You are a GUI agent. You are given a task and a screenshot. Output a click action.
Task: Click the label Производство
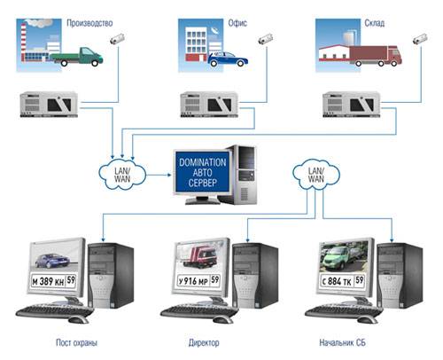pos(89,23)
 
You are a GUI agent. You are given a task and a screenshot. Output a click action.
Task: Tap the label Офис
pos(237,23)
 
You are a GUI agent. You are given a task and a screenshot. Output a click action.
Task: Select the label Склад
pos(375,23)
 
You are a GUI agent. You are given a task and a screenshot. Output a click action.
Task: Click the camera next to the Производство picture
pos(117,39)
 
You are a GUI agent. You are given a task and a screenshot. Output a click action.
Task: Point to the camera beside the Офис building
pos(266,39)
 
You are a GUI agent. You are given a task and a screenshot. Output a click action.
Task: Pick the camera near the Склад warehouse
pos(420,39)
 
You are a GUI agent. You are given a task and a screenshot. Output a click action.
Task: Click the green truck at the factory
pos(77,57)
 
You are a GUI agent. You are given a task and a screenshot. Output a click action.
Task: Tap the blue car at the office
pos(228,59)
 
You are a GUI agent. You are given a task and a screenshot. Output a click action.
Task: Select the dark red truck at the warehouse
pos(376,56)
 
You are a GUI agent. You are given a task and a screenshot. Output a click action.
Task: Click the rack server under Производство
pos(49,105)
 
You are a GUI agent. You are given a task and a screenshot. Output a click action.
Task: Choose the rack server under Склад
pos(352,105)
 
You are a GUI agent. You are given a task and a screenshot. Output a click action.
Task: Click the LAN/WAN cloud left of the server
pos(122,175)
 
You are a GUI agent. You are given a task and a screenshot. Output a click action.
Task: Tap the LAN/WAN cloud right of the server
pos(316,175)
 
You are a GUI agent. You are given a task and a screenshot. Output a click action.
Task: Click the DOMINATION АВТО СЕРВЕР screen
pos(203,172)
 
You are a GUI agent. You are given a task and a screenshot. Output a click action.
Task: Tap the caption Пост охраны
pos(76,342)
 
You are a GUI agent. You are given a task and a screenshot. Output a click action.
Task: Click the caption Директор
pos(204,342)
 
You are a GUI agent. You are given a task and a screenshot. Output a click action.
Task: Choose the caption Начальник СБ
pos(343,342)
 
